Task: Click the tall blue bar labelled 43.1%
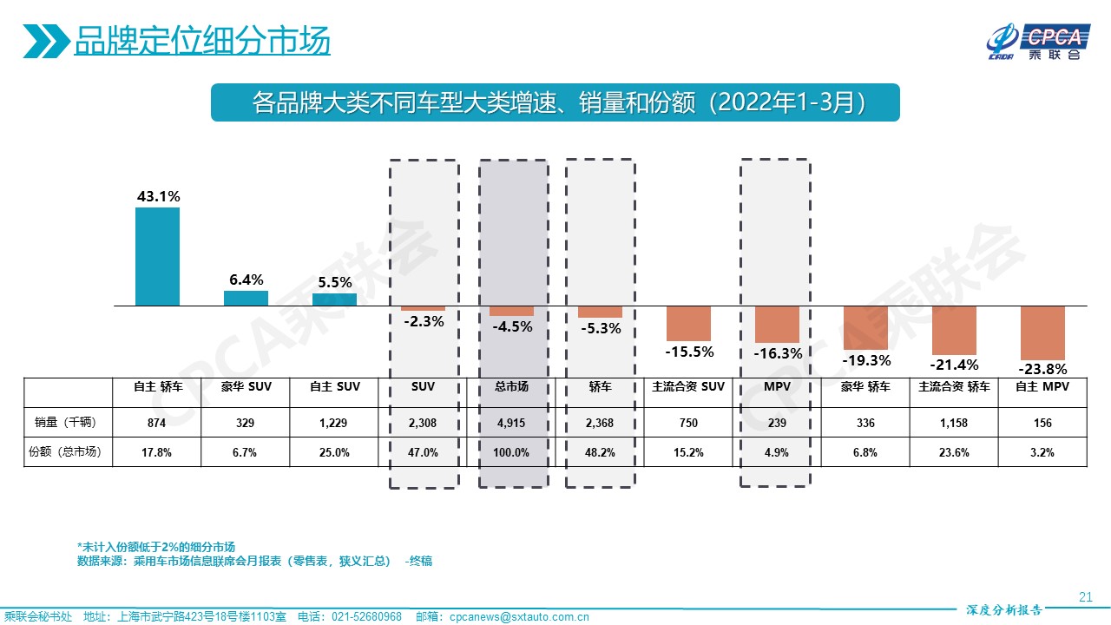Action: (157, 256)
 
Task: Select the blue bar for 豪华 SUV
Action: (246, 298)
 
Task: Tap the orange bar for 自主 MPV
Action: (1042, 332)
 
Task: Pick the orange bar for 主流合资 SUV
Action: (688, 323)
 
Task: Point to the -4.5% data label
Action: (512, 327)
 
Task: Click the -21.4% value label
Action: (954, 365)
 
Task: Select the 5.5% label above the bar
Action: (334, 282)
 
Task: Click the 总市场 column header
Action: (512, 387)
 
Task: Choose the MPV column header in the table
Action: (776, 387)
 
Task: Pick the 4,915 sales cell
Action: (512, 423)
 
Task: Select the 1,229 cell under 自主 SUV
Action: (334, 423)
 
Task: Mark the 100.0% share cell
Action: (512, 452)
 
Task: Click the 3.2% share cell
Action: (1042, 452)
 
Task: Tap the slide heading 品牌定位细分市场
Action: (202, 41)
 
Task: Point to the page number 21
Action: (1084, 596)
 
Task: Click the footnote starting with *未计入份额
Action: (156, 547)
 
